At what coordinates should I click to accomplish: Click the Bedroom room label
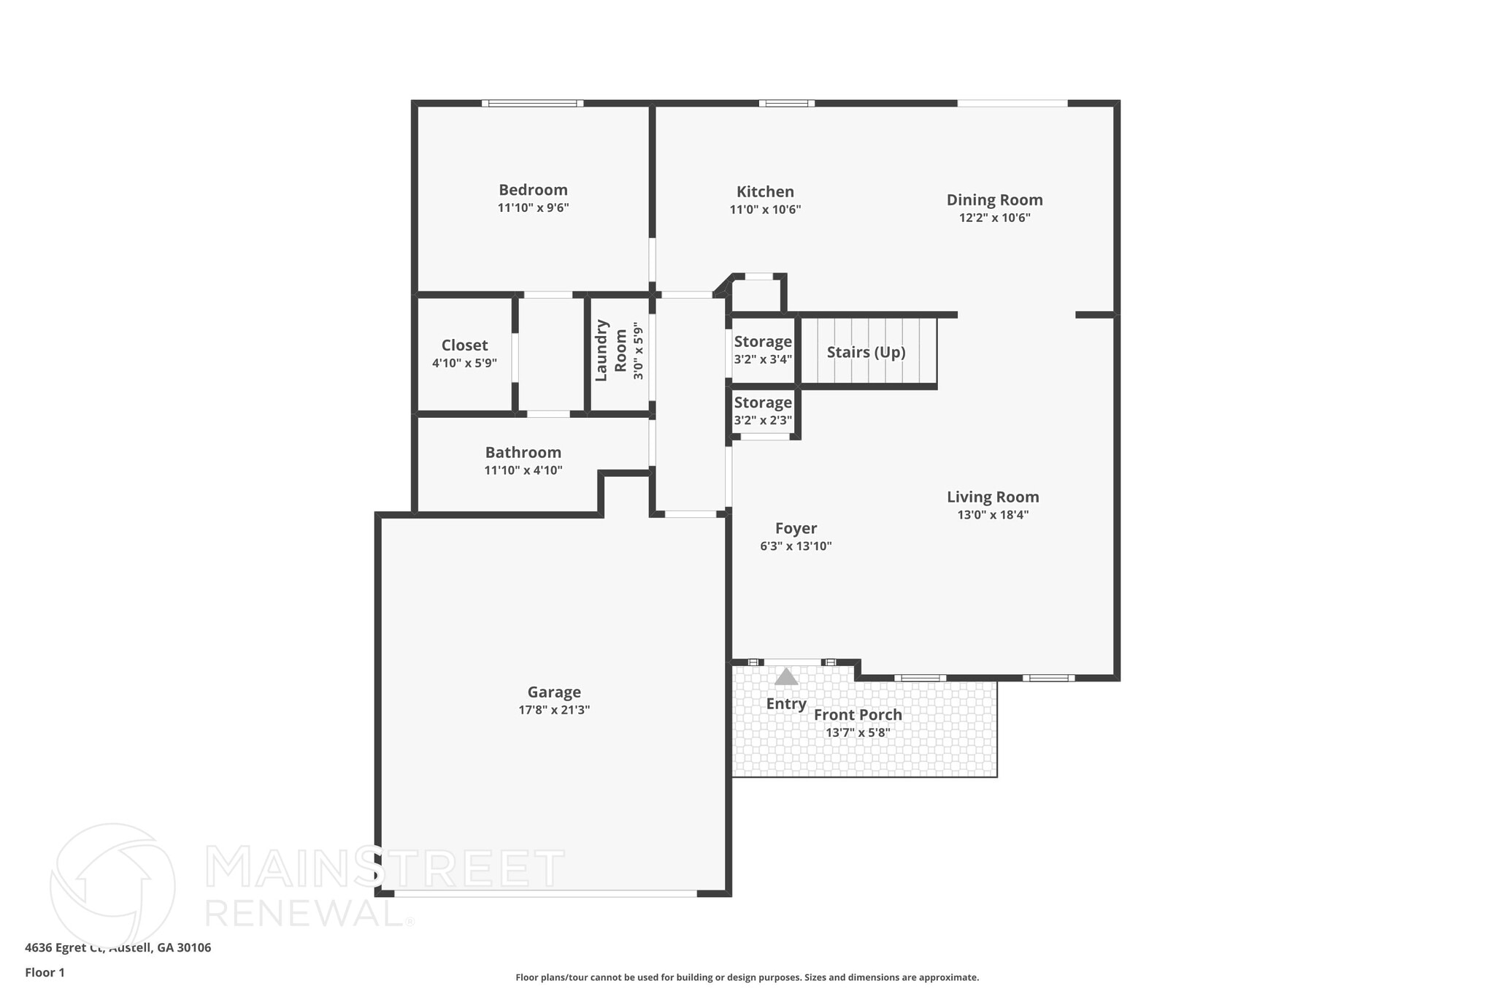[x=533, y=190]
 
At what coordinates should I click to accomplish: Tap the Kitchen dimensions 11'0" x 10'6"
[x=765, y=210]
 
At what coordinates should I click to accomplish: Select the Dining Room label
[x=994, y=199]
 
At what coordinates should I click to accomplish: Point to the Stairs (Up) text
[x=866, y=352]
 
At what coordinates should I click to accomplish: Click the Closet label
[x=464, y=345]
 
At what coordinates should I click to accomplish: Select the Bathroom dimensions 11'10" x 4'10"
[x=523, y=470]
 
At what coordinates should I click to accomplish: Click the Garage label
[x=554, y=692]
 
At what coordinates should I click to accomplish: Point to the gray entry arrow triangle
[x=785, y=677]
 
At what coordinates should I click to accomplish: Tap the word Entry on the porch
[x=785, y=703]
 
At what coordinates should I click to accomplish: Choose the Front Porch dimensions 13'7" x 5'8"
[x=858, y=733]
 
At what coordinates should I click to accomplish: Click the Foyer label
[x=796, y=528]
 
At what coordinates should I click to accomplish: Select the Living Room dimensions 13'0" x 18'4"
[x=993, y=515]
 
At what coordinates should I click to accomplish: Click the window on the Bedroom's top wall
[x=532, y=104]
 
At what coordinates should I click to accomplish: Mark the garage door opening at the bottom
[x=545, y=893]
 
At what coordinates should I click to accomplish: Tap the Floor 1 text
[x=45, y=972]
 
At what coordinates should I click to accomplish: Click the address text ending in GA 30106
[x=118, y=947]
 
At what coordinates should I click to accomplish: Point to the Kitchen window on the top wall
[x=786, y=104]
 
